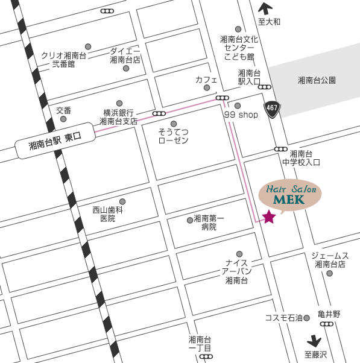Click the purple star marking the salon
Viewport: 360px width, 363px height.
pos(269,216)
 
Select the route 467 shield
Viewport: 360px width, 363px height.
pos(271,109)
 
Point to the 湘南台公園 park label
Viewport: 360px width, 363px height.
pos(317,80)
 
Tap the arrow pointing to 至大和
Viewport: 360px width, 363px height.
pos(264,8)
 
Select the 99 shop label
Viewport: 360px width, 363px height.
pos(241,115)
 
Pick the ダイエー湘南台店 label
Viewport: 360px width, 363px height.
pos(125,55)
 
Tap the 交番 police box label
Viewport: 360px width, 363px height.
pos(64,110)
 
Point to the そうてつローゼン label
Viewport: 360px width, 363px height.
pos(173,136)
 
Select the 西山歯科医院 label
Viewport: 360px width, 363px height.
pos(108,214)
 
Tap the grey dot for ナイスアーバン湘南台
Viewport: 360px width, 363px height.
pos(239,254)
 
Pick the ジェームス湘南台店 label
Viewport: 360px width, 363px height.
pos(330,260)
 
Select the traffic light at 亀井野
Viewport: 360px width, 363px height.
pos(327,324)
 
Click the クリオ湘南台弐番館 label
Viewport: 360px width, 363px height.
pos(63,59)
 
